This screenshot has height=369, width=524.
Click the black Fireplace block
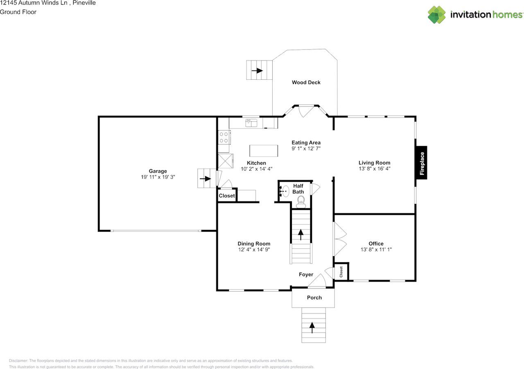[x=422, y=163]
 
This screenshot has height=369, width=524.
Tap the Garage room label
[x=158, y=171]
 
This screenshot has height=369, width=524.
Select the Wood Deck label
[x=306, y=82]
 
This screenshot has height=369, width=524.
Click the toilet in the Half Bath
[x=301, y=200]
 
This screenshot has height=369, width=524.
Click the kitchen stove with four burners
[x=224, y=137]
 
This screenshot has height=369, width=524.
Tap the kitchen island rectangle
[x=264, y=151]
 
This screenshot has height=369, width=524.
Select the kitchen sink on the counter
[x=251, y=122]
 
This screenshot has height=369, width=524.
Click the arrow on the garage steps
[x=205, y=178]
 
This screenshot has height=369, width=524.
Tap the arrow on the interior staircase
[x=301, y=234]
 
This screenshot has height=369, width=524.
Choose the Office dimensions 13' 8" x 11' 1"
[x=376, y=250]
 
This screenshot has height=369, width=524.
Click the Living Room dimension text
[x=374, y=169]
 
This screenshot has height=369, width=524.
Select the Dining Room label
[x=254, y=243]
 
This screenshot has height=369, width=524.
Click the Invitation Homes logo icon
[x=436, y=15]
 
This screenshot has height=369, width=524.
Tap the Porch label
[x=314, y=297]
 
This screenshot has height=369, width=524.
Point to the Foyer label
[x=306, y=274]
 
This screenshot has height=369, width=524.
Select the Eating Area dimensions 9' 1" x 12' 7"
[x=306, y=149]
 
